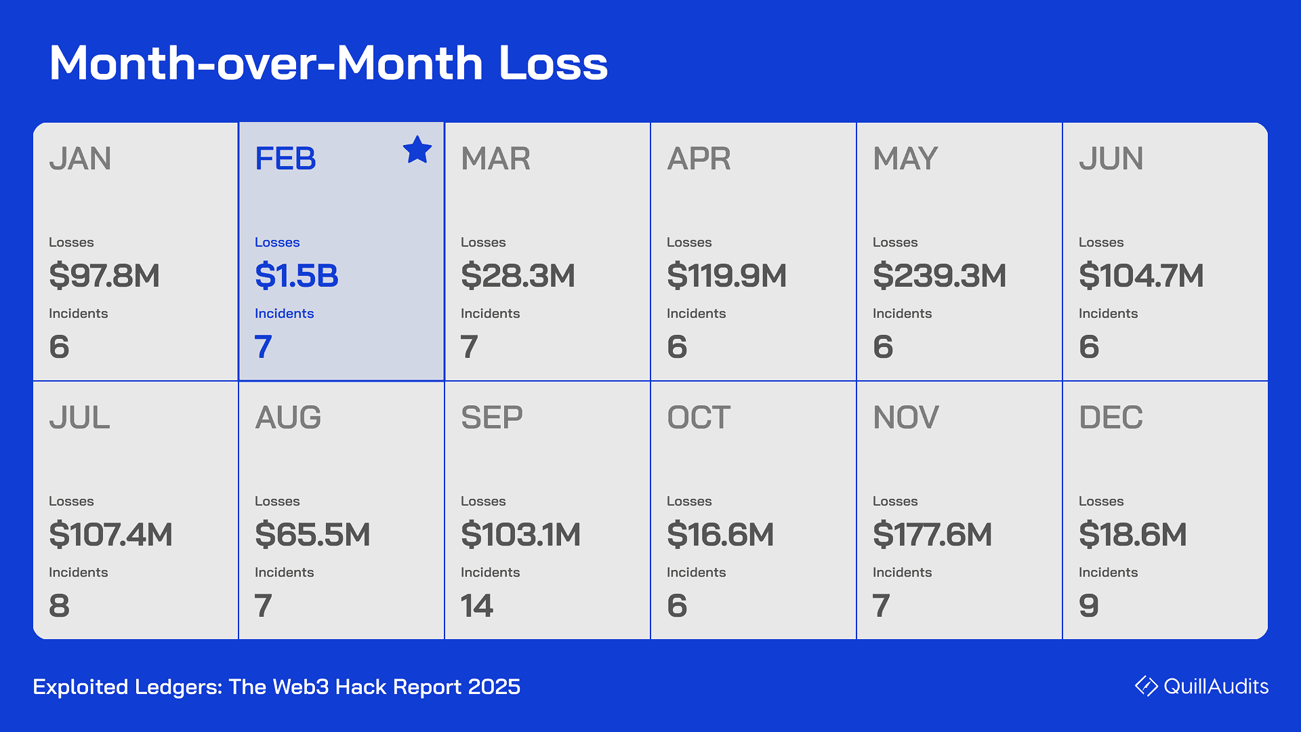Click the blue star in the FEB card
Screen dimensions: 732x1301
click(x=417, y=150)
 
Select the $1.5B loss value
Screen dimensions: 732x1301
click(x=296, y=276)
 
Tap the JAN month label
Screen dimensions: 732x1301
click(x=80, y=159)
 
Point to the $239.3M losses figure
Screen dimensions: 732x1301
click(x=939, y=276)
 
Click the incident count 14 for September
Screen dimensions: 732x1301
click(x=477, y=605)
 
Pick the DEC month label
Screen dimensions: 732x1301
click(x=1111, y=418)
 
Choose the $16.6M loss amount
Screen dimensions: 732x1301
click(x=720, y=535)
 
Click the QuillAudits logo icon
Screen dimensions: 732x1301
click(x=1147, y=686)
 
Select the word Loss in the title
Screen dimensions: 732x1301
click(x=553, y=63)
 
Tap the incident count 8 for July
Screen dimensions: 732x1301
click(x=60, y=605)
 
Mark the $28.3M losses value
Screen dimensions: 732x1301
click(x=518, y=276)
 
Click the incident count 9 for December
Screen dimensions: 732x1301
click(x=1089, y=605)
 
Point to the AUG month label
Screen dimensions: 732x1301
click(x=288, y=418)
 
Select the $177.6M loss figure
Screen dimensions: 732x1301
click(x=932, y=535)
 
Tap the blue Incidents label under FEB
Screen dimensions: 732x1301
click(x=284, y=313)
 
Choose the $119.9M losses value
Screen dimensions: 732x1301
click(x=726, y=276)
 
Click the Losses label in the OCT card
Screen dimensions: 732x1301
click(x=689, y=501)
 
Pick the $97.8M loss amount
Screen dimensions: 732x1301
click(x=104, y=276)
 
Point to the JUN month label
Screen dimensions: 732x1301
click(x=1111, y=159)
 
